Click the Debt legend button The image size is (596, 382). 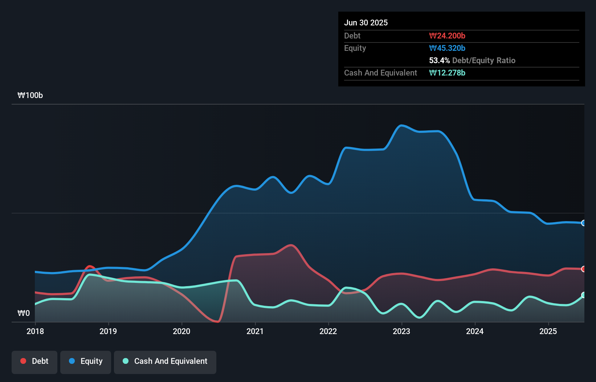pyautogui.click(x=34, y=361)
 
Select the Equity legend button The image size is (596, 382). pyautogui.click(x=86, y=361)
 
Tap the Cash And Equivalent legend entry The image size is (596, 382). pyautogui.click(x=165, y=361)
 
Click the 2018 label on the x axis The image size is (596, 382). pyautogui.click(x=35, y=331)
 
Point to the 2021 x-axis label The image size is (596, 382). pyautogui.click(x=255, y=331)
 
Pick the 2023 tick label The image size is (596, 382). pyautogui.click(x=401, y=331)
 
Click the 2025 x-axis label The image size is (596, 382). pyautogui.click(x=548, y=331)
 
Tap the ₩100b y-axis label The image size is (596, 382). pyautogui.click(x=30, y=95)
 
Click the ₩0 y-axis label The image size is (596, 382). pyautogui.click(x=24, y=313)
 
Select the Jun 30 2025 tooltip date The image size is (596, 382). pyautogui.click(x=366, y=23)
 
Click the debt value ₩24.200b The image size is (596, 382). pyautogui.click(x=447, y=36)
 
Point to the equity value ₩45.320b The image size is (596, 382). pyautogui.click(x=447, y=48)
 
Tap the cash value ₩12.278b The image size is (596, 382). pyautogui.click(x=447, y=73)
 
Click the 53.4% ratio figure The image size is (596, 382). pyautogui.click(x=439, y=60)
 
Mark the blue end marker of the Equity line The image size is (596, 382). pyautogui.click(x=584, y=223)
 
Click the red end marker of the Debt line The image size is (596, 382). pyautogui.click(x=584, y=269)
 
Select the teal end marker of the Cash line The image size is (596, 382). pyautogui.click(x=584, y=295)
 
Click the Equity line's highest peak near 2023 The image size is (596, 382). pyautogui.click(x=401, y=126)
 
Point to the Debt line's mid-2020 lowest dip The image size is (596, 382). pyautogui.click(x=217, y=321)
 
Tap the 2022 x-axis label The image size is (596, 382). pyautogui.click(x=328, y=331)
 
